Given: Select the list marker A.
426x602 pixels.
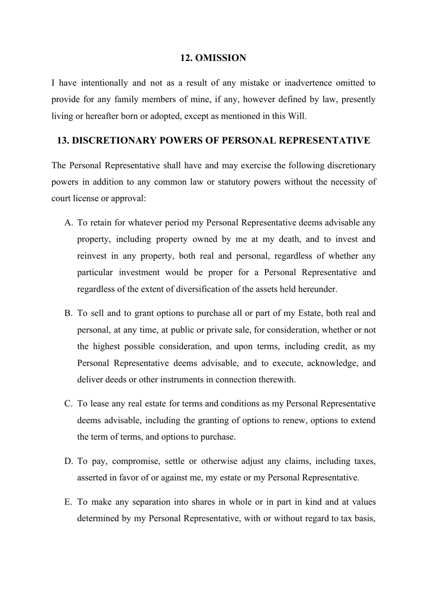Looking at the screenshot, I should point(68,223).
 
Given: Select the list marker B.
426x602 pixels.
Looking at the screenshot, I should point(68,313).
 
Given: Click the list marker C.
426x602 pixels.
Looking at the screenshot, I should point(68,404).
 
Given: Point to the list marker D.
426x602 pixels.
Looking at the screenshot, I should point(68,461).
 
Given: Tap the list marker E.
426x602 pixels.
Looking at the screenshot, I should point(68,502).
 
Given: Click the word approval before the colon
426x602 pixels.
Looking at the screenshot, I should point(128,199).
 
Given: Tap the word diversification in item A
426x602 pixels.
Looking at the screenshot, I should point(202,289).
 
